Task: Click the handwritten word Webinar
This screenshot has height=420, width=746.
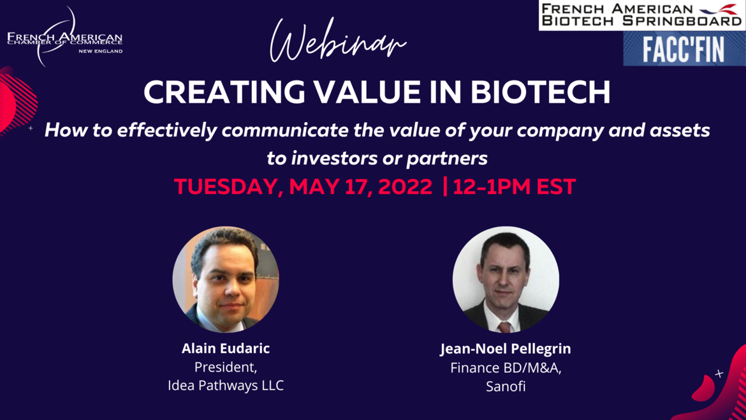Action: [x=339, y=40]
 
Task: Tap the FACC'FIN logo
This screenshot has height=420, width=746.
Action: [x=684, y=49]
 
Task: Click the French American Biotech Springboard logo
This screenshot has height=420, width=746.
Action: [x=642, y=15]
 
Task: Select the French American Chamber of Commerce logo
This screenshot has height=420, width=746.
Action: [x=64, y=37]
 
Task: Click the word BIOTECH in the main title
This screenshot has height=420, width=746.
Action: [x=540, y=92]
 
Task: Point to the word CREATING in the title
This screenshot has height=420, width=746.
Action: [x=224, y=92]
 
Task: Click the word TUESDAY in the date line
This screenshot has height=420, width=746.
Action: [x=228, y=186]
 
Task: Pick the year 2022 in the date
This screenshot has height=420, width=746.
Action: [x=405, y=186]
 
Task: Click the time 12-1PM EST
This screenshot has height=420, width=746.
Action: [x=515, y=186]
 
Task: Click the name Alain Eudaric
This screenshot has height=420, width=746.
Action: [x=226, y=348]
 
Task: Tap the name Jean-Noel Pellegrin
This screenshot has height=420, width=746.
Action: [x=505, y=349]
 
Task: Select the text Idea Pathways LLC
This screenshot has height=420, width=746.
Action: [x=226, y=386]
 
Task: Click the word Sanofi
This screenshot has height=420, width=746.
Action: [x=506, y=386]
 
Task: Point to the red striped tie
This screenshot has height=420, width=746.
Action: [x=504, y=327]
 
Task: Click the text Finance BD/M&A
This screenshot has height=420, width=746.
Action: [x=506, y=368]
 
